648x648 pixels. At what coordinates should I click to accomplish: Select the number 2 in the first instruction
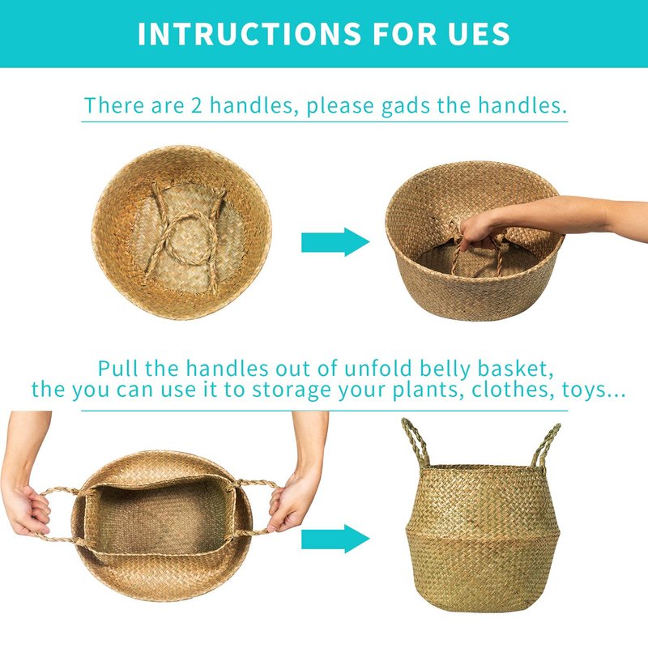coord(196,105)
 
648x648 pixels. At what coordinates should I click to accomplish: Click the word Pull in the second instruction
coord(117,368)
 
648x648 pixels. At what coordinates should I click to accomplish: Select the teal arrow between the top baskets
coord(335,241)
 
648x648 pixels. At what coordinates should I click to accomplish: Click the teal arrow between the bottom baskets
coord(335,539)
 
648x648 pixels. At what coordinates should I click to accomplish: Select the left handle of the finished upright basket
coord(416,443)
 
